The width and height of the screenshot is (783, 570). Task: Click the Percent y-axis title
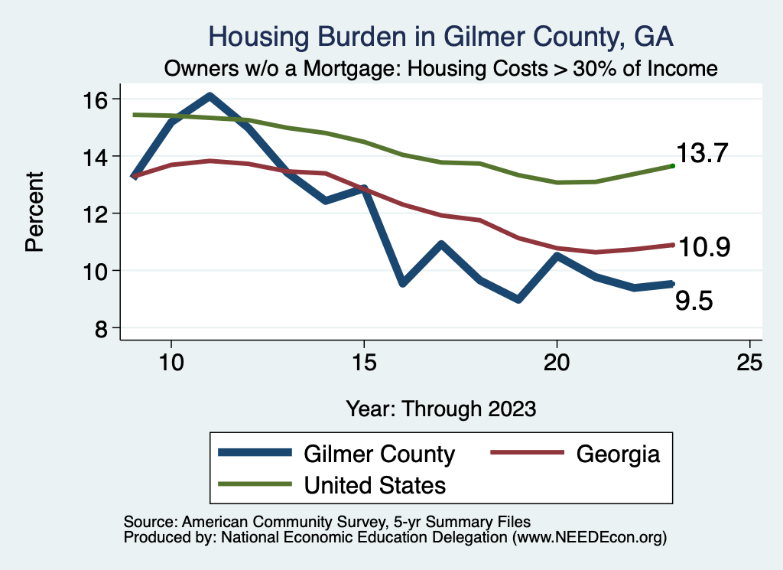click(x=34, y=213)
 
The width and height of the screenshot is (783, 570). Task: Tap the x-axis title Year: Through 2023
click(x=441, y=409)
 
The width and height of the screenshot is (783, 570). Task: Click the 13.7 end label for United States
click(x=700, y=155)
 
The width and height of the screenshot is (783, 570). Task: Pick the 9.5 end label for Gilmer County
click(x=694, y=301)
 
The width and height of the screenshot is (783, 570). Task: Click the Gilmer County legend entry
click(x=379, y=454)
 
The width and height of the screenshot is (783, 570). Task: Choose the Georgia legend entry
click(x=617, y=454)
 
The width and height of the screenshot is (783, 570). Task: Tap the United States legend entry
click(x=375, y=484)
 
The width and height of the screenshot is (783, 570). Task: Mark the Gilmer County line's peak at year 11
click(x=210, y=96)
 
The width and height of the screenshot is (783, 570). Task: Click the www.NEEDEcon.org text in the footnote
click(x=587, y=538)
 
